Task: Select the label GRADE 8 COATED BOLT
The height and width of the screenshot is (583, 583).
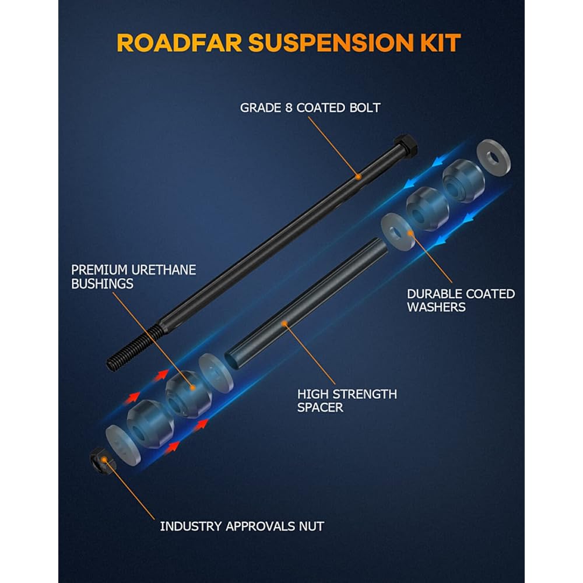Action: [310, 108]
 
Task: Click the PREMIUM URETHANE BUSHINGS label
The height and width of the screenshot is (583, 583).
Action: [134, 277]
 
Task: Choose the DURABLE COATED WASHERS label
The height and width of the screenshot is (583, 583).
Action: [461, 300]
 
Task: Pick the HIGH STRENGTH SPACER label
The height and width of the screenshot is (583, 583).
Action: [347, 401]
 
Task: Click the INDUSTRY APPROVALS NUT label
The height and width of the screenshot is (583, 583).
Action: [242, 526]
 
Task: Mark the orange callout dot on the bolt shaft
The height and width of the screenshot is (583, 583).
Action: [359, 175]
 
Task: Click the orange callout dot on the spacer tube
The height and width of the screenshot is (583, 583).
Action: [284, 322]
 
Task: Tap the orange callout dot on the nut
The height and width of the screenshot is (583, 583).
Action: [103, 460]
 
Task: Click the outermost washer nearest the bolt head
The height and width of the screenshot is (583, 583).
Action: [493, 156]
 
